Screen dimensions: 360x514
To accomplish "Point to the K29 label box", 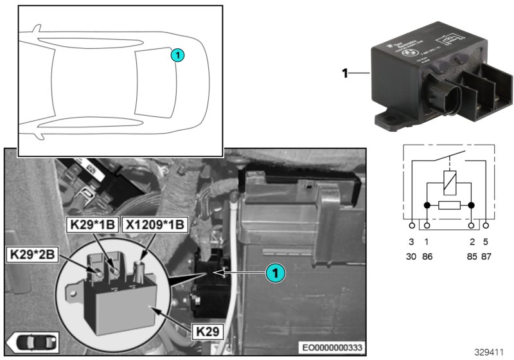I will click(x=209, y=333).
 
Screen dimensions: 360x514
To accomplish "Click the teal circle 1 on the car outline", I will click(x=177, y=56).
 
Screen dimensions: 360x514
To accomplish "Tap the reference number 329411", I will click(x=490, y=352).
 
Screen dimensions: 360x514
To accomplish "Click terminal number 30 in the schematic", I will click(x=412, y=255).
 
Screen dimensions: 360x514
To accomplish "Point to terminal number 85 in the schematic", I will click(x=472, y=255).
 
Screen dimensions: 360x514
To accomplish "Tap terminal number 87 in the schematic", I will click(x=486, y=255).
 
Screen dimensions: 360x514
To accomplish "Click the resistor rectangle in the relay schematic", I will click(x=448, y=206).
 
